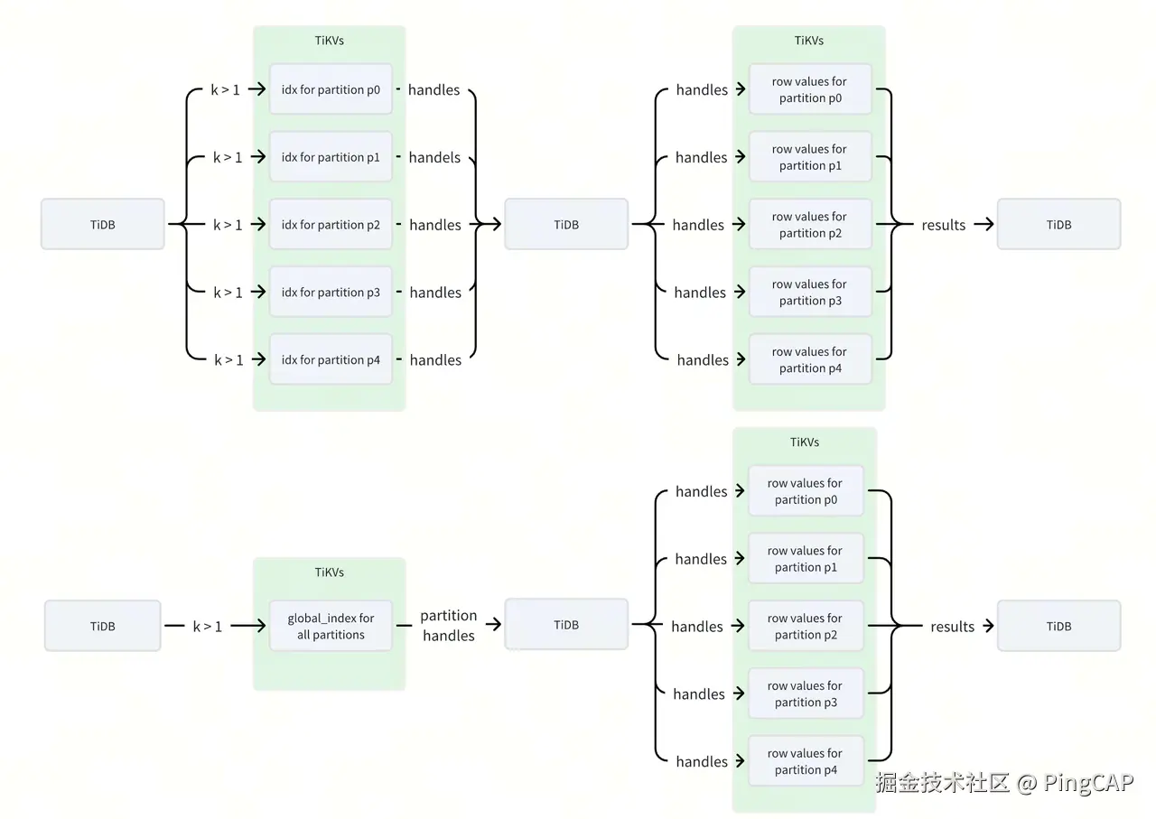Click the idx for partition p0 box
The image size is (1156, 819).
tap(331, 89)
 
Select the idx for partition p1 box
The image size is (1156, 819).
tap(331, 157)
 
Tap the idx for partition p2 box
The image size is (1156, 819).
tap(331, 225)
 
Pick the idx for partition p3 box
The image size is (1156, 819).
tap(331, 293)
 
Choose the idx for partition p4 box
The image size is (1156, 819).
tap(331, 359)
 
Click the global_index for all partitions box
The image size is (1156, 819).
tap(331, 626)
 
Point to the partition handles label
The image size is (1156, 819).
tap(449, 626)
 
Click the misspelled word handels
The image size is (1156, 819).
tap(434, 157)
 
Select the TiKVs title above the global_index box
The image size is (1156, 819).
tap(330, 572)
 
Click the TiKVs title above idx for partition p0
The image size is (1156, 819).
tap(330, 41)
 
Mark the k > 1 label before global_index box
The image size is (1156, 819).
tap(207, 626)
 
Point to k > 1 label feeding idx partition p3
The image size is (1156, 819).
tap(228, 293)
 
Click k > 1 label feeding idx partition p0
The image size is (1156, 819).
tap(226, 89)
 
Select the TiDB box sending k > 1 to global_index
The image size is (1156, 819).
tap(102, 626)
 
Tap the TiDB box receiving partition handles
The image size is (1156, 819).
tap(566, 625)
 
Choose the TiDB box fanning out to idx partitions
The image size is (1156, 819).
tap(102, 224)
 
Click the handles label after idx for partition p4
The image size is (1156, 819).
tap(435, 359)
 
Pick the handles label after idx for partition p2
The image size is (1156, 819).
tap(435, 225)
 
